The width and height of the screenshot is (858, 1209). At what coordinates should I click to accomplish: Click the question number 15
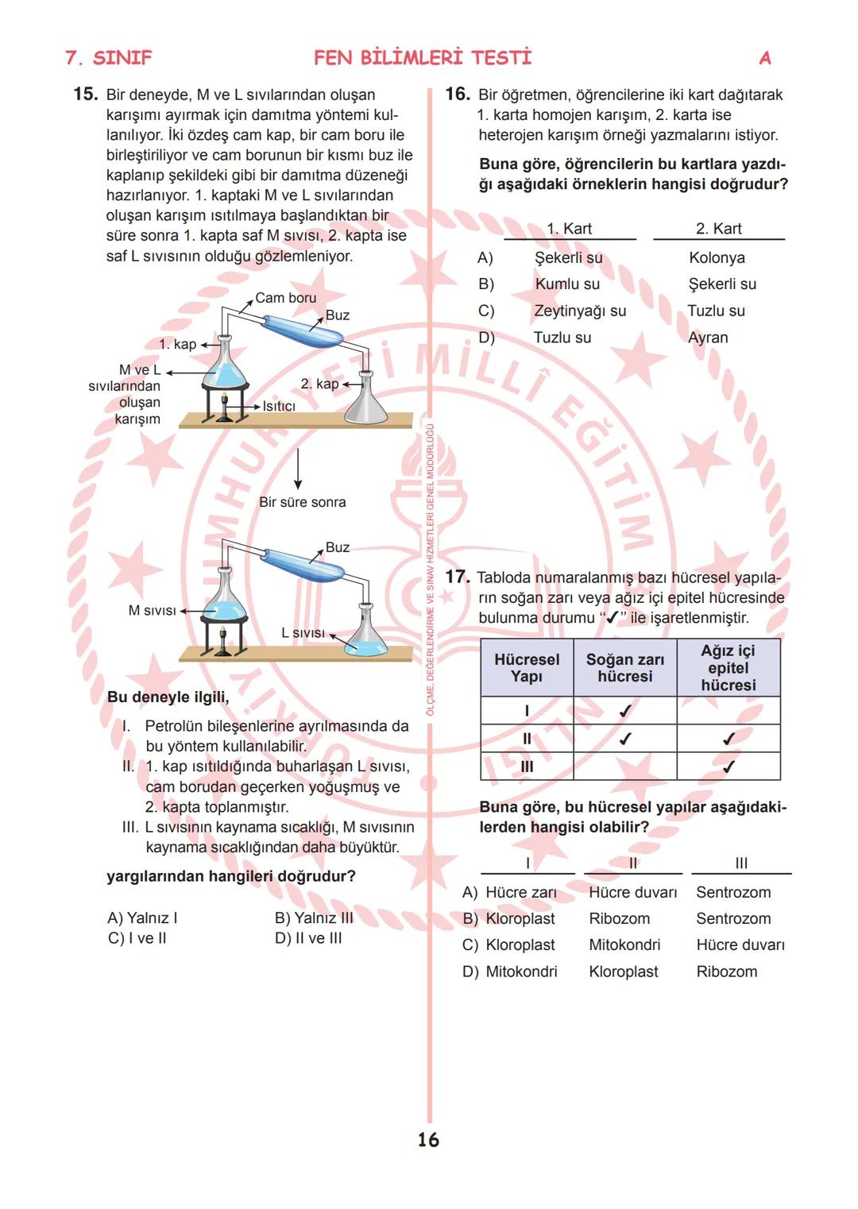(85, 94)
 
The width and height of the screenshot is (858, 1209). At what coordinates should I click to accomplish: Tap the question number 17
(458, 577)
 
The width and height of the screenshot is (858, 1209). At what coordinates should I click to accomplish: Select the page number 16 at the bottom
(428, 1140)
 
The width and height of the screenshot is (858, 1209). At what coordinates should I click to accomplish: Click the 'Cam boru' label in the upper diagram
(285, 298)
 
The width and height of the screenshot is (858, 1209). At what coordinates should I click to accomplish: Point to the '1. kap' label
(177, 344)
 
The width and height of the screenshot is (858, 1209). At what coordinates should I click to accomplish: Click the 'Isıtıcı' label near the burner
(279, 406)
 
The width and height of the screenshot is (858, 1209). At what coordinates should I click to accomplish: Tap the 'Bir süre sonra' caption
(302, 502)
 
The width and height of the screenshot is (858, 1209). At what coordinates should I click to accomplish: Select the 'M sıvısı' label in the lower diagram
(152, 610)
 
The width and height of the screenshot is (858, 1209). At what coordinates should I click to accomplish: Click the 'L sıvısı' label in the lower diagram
(303, 632)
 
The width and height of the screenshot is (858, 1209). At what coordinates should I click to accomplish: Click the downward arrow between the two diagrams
(298, 469)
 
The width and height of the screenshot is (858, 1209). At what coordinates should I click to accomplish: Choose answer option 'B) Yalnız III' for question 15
(314, 917)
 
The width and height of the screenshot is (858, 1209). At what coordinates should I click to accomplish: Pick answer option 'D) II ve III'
(308, 938)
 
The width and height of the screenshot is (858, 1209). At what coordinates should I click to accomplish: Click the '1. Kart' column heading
(569, 229)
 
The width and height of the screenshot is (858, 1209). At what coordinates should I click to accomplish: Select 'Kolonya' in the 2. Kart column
(717, 257)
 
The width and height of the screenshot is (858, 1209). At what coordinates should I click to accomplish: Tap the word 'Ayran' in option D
(708, 338)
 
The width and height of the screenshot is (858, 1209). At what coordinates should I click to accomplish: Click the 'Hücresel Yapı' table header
(526, 668)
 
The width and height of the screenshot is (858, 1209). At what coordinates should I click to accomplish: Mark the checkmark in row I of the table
(624, 711)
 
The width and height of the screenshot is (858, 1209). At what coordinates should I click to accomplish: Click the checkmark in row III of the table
(728, 767)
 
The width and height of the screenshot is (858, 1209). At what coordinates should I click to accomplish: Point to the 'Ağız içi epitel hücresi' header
(728, 668)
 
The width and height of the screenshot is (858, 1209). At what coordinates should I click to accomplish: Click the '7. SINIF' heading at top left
(108, 58)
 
